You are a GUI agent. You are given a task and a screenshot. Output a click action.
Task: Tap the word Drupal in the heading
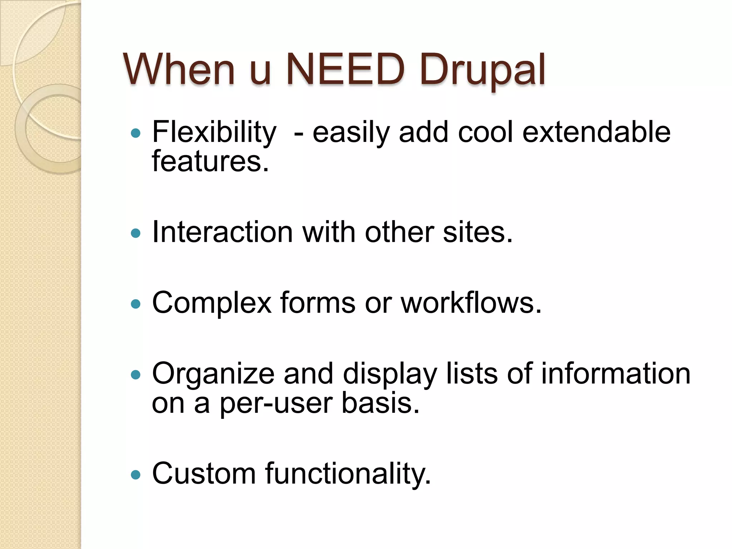[x=482, y=70]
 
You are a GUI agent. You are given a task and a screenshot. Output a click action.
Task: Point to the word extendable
[x=596, y=132]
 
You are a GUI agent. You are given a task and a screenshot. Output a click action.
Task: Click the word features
[x=210, y=161]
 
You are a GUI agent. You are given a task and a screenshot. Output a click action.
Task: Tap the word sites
[x=478, y=232]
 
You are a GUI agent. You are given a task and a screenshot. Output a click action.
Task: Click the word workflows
[x=471, y=303]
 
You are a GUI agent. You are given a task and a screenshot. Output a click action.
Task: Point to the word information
[x=615, y=374]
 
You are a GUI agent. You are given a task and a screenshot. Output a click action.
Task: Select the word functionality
[x=348, y=474]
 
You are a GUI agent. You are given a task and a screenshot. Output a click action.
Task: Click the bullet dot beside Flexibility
[x=136, y=134]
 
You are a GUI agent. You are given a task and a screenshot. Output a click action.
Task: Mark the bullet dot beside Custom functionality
[x=136, y=475]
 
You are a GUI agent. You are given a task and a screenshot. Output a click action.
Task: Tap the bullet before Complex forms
[x=136, y=304]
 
